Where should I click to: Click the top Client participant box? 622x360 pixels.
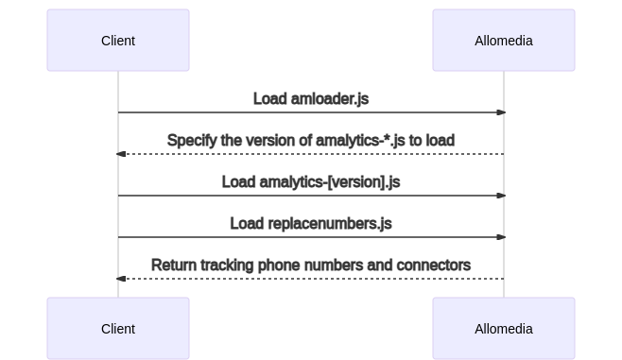[118, 41]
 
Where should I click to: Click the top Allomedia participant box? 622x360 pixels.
[503, 41]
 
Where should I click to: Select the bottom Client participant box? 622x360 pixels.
[118, 329]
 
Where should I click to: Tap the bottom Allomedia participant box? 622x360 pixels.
[503, 329]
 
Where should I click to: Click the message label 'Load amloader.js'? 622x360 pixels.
[311, 98]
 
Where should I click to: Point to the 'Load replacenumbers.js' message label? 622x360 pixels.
[311, 223]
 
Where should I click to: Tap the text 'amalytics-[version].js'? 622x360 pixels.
[330, 181]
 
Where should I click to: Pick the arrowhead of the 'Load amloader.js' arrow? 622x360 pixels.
[501, 112]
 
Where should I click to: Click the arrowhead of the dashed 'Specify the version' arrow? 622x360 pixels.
[121, 154]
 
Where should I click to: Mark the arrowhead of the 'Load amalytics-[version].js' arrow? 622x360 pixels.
[501, 196]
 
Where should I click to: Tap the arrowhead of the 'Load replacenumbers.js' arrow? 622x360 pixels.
[501, 237]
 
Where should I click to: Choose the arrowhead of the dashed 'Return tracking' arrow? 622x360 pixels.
[121, 279]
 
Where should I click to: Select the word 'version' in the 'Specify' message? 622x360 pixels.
[271, 140]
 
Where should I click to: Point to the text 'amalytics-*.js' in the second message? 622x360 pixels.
[361, 140]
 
